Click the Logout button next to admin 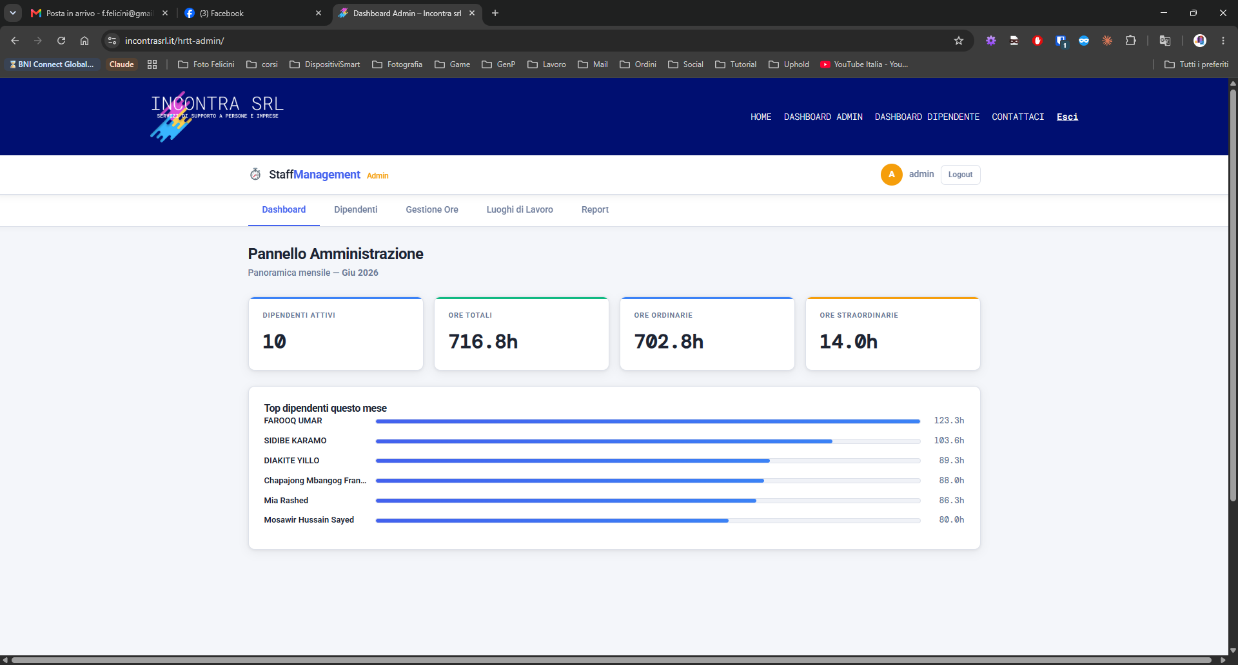(x=960, y=175)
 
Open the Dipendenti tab (x=355, y=209)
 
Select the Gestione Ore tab (x=432, y=209)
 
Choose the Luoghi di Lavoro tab (x=520, y=209)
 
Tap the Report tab (x=595, y=209)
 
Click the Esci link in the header (x=1067, y=117)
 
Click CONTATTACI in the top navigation (x=1017, y=117)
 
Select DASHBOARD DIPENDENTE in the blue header (x=927, y=117)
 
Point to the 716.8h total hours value (x=483, y=342)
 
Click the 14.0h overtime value (x=849, y=342)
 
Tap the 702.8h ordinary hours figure (x=669, y=342)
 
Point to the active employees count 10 (x=274, y=342)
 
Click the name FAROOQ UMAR (x=293, y=421)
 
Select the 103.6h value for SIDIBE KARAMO (x=949, y=441)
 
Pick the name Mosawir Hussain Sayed (x=309, y=520)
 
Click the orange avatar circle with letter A (x=892, y=175)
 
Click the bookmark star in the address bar (x=959, y=41)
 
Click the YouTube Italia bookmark (x=864, y=64)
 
